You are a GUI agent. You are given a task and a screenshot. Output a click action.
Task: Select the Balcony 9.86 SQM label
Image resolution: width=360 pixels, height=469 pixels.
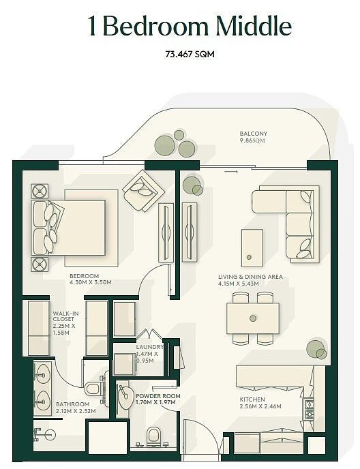[253, 136]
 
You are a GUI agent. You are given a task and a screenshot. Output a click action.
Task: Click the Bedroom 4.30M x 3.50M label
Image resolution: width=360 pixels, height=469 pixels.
[90, 279]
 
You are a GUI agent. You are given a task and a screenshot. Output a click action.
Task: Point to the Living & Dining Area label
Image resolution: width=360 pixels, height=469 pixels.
[250, 279]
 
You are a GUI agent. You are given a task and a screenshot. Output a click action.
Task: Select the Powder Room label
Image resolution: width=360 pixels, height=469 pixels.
[157, 399]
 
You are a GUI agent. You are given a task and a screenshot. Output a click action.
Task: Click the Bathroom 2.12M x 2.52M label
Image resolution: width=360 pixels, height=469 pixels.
[76, 408]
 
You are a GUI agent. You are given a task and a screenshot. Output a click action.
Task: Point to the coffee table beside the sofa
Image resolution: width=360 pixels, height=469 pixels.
[252, 246]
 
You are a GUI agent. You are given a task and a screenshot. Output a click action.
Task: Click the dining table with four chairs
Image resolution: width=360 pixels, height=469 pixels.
[252, 318]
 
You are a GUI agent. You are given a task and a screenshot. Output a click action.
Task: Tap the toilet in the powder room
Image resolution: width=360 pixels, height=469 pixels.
[154, 434]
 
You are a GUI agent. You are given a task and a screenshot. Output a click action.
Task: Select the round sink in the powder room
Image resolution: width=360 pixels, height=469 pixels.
[125, 397]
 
